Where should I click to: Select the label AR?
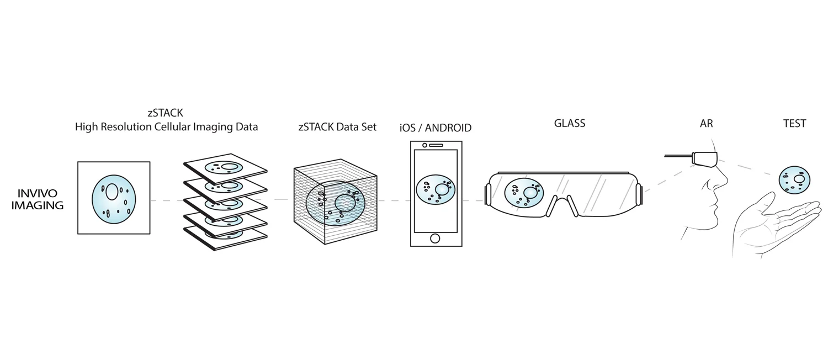click(x=706, y=124)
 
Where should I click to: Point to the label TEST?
click(x=794, y=124)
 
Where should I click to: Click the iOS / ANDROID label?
click(x=435, y=128)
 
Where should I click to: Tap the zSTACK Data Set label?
click(x=336, y=127)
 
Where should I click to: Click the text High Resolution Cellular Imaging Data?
click(x=166, y=127)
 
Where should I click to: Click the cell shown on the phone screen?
click(x=435, y=189)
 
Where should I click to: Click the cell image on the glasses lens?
click(x=523, y=194)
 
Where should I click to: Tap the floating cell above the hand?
click(x=794, y=179)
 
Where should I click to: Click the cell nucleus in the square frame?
click(x=112, y=192)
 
